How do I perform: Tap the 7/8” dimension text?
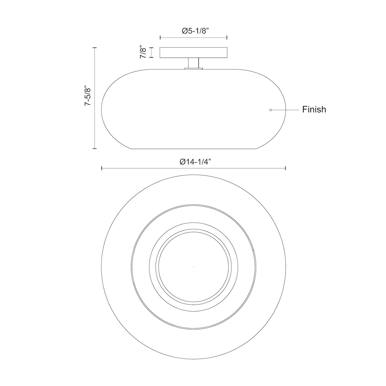click(143, 53)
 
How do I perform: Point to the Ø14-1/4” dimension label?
click(195, 162)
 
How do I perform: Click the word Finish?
click(314, 109)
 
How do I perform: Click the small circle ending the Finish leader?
click(270, 110)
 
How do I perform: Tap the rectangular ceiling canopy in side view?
click(194, 52)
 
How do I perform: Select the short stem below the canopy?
click(194, 63)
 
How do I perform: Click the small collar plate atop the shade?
click(194, 68)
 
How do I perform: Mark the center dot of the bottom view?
click(194, 267)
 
